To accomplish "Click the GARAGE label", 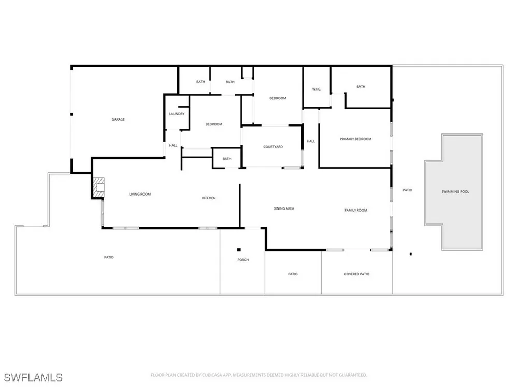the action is [x=118, y=120].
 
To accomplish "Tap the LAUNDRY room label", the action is [x=177, y=114].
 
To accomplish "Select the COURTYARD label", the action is [x=273, y=147].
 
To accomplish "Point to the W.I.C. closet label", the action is [x=316, y=89].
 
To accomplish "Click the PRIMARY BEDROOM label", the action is [x=355, y=139].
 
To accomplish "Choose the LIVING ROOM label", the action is [x=140, y=194].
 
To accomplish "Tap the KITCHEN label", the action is [x=209, y=198].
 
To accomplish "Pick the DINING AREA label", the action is [x=283, y=208].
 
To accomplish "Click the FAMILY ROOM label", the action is [x=356, y=210].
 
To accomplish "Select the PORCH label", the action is [x=243, y=260].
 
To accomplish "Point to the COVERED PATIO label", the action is [x=357, y=274].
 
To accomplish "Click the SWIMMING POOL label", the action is [x=455, y=192].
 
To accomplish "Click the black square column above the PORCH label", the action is [x=239, y=250].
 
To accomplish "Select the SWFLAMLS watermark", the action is [x=33, y=378].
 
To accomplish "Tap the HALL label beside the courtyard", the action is [x=310, y=141].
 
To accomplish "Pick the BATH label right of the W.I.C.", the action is [x=361, y=87].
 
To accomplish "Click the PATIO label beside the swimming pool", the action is [x=407, y=190].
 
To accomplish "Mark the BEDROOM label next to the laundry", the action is [x=214, y=124].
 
